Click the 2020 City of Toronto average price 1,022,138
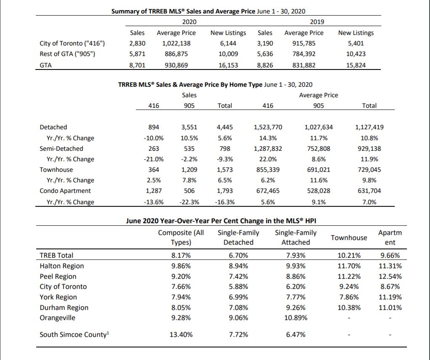176,43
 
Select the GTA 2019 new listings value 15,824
356,65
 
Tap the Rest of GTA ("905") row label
67,54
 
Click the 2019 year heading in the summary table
317,22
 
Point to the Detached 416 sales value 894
154,127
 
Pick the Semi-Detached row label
61,149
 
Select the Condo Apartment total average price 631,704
369,191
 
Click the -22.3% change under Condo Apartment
189,202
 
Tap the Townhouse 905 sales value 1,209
189,170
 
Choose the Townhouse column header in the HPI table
349,237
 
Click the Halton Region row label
62,266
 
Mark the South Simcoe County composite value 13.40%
181,334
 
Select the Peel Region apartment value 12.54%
390,276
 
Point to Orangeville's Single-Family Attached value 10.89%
296,318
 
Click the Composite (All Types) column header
181,237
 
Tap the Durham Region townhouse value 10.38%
349,308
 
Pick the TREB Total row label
56,255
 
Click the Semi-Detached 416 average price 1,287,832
268,149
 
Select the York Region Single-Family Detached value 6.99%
238,297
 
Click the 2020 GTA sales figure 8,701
137,65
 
